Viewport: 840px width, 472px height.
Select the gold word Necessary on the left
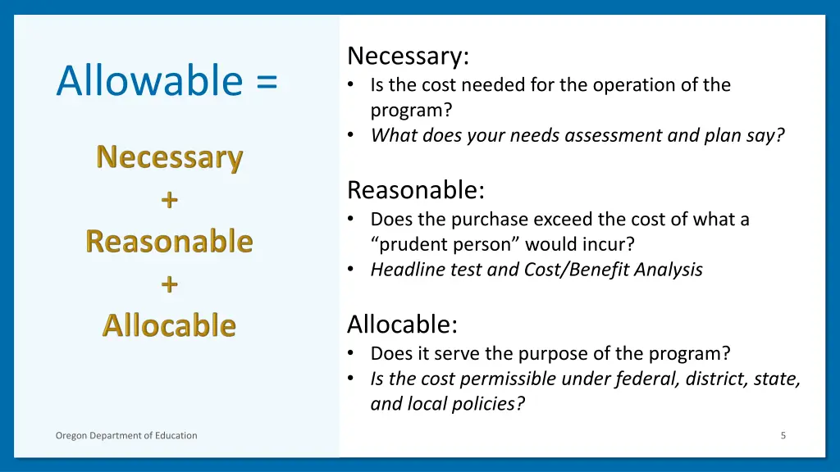pos(169,157)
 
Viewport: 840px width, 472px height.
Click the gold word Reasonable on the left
pos(169,242)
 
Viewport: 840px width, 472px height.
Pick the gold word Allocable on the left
pos(169,325)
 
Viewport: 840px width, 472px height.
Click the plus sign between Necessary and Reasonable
pos(169,199)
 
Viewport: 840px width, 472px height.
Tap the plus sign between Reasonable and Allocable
pos(169,284)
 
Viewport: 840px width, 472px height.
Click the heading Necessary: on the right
pos(408,57)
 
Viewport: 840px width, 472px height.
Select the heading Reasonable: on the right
pos(416,191)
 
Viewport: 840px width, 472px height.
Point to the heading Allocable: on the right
pos(402,325)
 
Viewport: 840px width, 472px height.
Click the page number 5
pos(783,435)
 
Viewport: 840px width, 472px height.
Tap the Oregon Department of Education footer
pos(126,435)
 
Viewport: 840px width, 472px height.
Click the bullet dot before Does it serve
pos(351,354)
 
